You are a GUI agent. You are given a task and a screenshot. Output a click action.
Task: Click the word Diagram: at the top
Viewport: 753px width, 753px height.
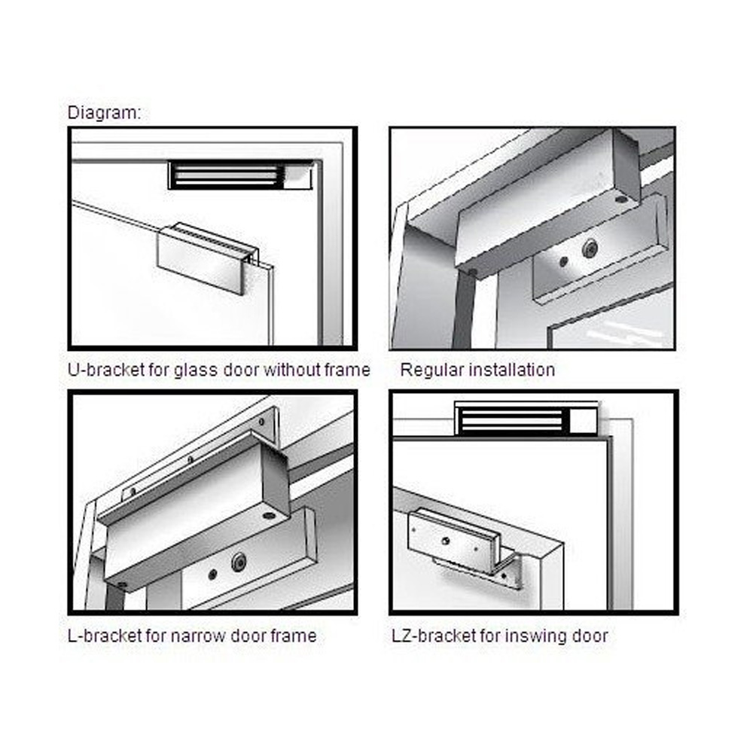point(104,113)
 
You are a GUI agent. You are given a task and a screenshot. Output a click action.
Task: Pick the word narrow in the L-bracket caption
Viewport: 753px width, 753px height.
point(198,636)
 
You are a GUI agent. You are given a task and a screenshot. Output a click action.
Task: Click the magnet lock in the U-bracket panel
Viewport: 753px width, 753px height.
point(241,175)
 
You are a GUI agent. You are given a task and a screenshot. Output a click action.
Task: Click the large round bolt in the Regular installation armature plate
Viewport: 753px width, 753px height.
point(590,248)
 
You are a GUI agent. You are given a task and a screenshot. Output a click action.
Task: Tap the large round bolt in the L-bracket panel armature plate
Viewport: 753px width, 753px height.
point(239,562)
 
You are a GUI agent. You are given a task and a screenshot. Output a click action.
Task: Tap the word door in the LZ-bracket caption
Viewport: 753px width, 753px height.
point(590,636)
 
